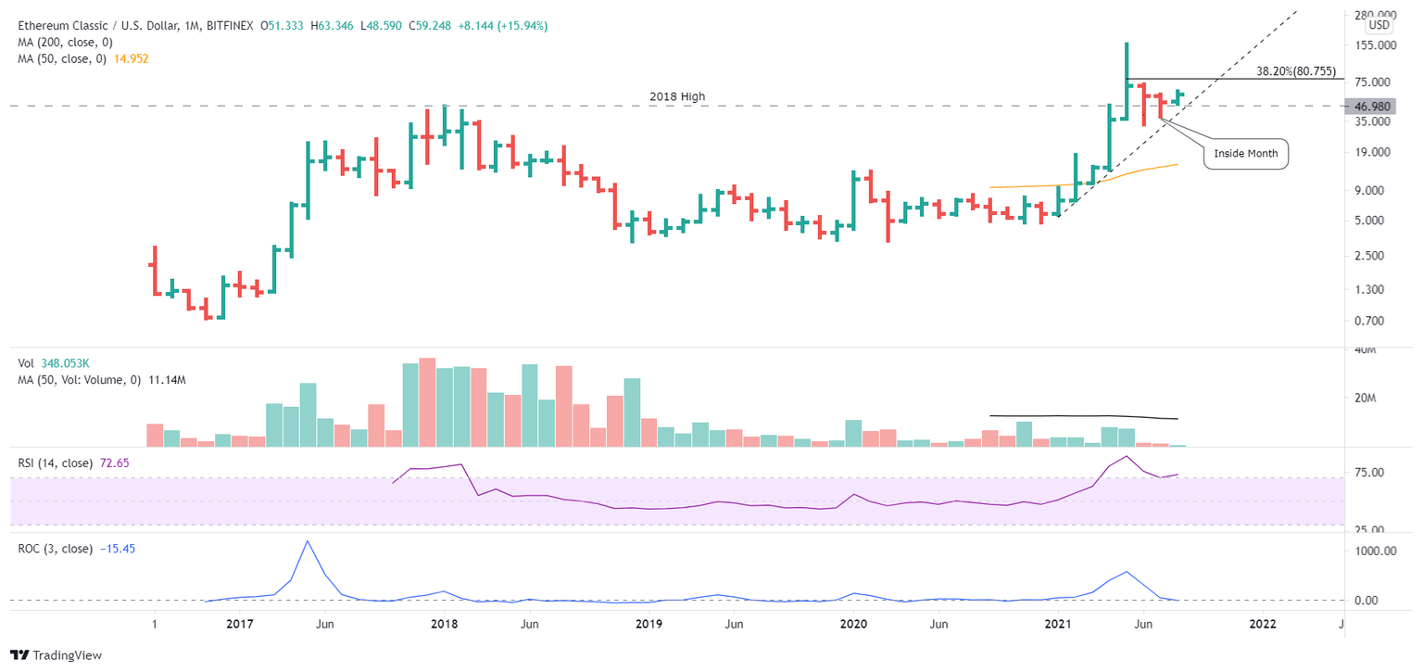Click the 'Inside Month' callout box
[1246, 154]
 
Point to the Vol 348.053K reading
[71, 365]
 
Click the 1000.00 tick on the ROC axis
[1375, 551]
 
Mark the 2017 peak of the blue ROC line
[308, 541]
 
